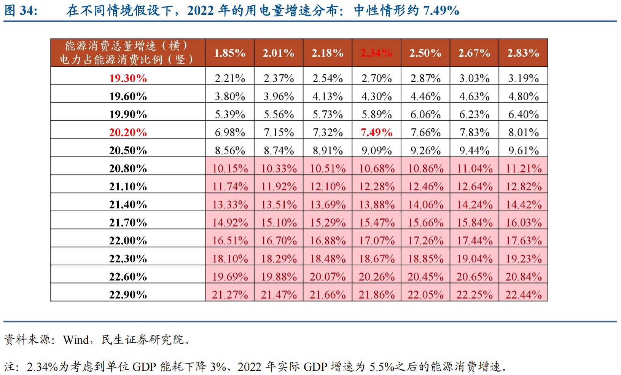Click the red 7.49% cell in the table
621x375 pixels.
(x=376, y=132)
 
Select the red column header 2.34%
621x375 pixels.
(x=376, y=53)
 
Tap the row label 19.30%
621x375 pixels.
(x=128, y=78)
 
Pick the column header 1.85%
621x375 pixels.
(x=229, y=53)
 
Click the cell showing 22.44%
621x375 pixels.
(x=523, y=294)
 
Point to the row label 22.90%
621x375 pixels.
(x=128, y=294)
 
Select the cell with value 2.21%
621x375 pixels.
(x=229, y=78)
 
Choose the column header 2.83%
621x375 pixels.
(x=523, y=53)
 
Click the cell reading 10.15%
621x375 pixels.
(x=229, y=168)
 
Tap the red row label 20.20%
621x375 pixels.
(x=128, y=132)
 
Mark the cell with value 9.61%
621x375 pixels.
(x=523, y=150)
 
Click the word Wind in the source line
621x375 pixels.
(x=76, y=339)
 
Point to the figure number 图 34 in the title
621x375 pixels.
(x=21, y=10)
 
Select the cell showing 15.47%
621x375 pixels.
(x=376, y=222)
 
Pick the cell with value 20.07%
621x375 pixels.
(x=328, y=276)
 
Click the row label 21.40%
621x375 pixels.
(x=128, y=204)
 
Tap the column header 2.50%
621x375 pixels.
(x=425, y=53)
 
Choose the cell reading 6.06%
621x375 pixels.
(x=425, y=114)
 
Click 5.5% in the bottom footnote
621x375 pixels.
(x=382, y=367)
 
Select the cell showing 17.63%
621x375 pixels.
(x=523, y=240)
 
